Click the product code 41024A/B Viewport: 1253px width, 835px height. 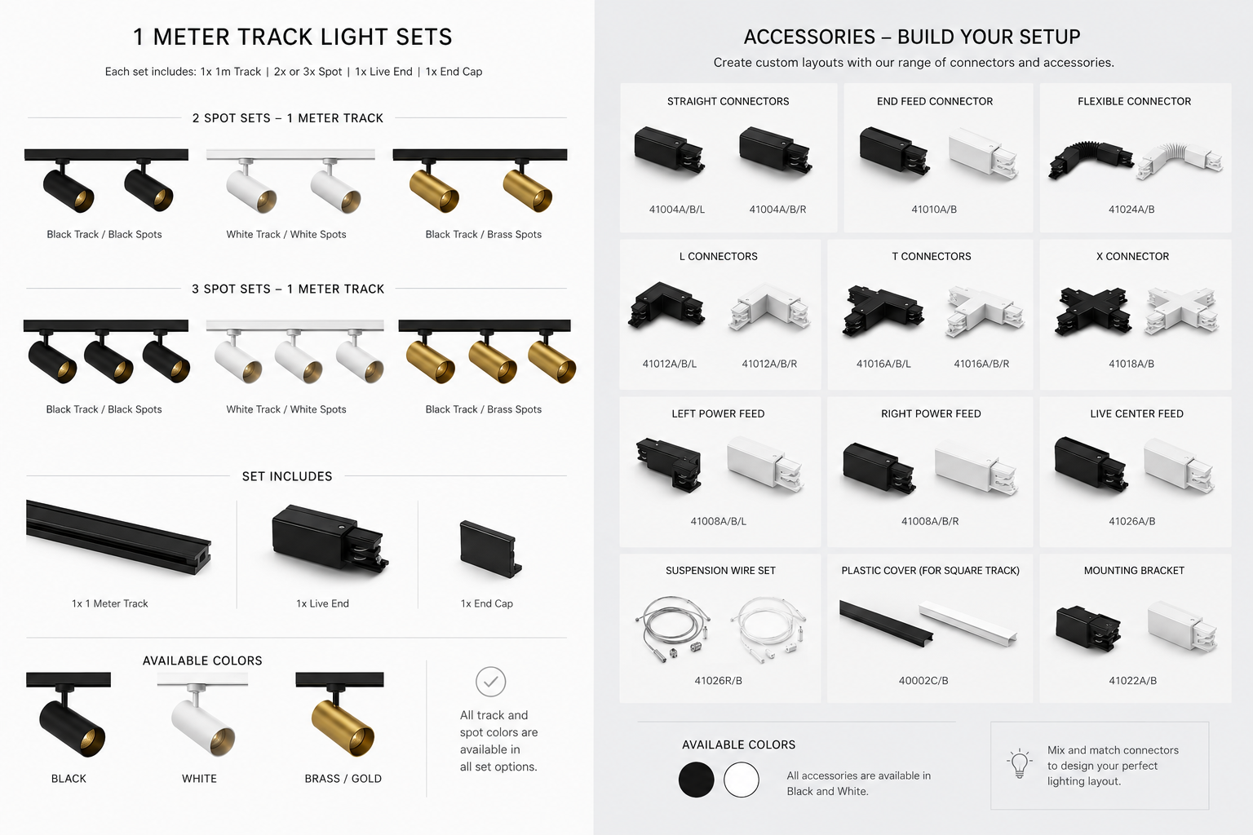pos(1131,210)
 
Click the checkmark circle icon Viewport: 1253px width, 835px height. pos(490,682)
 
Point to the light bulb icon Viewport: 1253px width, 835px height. pos(1019,764)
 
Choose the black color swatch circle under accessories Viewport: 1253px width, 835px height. pos(696,780)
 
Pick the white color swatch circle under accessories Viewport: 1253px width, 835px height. pos(742,780)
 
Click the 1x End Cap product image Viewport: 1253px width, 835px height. pos(490,548)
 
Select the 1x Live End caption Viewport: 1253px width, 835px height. pos(322,603)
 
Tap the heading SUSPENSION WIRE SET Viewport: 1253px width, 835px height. pos(720,571)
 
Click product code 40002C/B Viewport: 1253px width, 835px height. pos(923,681)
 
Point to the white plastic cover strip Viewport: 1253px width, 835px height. pos(967,623)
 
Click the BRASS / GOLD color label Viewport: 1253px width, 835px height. pos(343,779)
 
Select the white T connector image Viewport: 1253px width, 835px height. pos(985,312)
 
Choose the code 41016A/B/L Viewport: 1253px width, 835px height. pos(883,364)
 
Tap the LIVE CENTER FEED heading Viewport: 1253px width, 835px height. pos(1136,414)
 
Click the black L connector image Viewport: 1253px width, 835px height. pos(666,306)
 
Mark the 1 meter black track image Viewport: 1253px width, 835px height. pos(118,537)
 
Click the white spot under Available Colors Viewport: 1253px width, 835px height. pos(202,722)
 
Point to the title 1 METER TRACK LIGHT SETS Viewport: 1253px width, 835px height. pos(293,37)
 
